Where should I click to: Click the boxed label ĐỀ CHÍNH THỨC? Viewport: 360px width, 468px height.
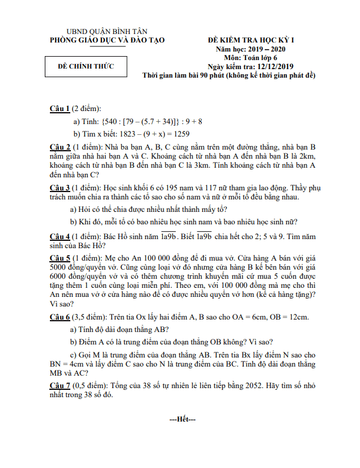pyautogui.click(x=86, y=67)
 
